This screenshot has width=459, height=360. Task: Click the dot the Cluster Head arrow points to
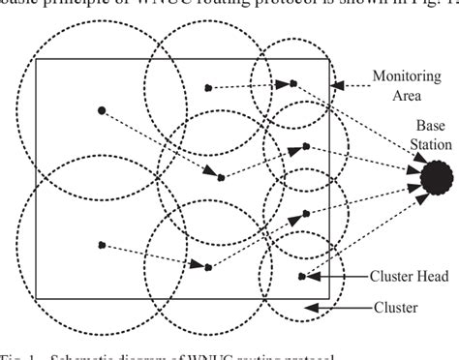click(302, 249)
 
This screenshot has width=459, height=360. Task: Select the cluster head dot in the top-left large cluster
click(102, 110)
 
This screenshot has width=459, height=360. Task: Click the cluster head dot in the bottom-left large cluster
click(101, 217)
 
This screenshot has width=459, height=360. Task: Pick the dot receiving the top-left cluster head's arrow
click(221, 177)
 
